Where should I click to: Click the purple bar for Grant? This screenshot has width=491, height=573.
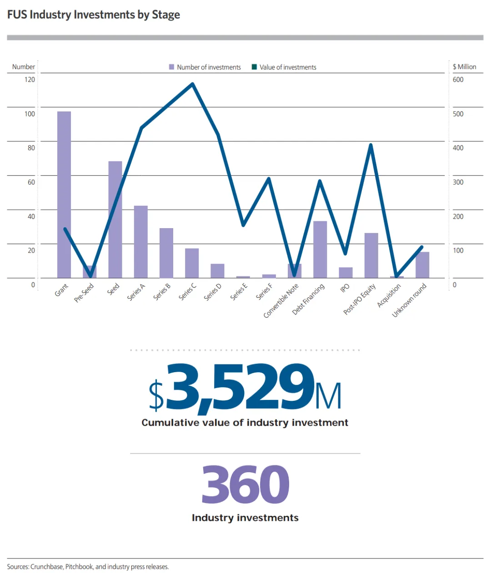coord(64,194)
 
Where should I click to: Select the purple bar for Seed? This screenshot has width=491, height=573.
coord(115,219)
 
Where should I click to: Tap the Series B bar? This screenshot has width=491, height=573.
coord(166,253)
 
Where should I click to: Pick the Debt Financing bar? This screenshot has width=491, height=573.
coord(320,249)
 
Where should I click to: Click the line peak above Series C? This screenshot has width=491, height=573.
coord(192,84)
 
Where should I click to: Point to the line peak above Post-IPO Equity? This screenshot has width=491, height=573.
coord(371,144)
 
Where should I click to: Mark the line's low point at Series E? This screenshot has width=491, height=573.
coord(243,225)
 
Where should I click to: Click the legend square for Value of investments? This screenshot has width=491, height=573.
coord(254,67)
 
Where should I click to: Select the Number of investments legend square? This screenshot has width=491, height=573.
coord(171,67)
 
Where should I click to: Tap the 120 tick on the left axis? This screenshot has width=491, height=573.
coord(30,80)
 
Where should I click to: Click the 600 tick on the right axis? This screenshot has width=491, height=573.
coord(458,80)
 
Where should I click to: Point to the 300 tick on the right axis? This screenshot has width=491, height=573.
coord(458,182)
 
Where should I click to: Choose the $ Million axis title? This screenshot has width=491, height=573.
coord(464,66)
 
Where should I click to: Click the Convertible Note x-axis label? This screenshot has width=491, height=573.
coord(281,300)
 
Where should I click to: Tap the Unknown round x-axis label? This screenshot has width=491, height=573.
coord(409,300)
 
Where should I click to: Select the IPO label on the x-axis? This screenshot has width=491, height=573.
coord(345,288)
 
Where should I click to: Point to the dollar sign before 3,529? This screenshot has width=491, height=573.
coord(156,395)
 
